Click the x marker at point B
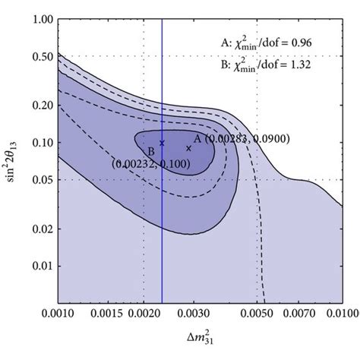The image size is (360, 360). click(x=162, y=143)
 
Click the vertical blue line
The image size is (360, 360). click(x=162, y=228)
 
